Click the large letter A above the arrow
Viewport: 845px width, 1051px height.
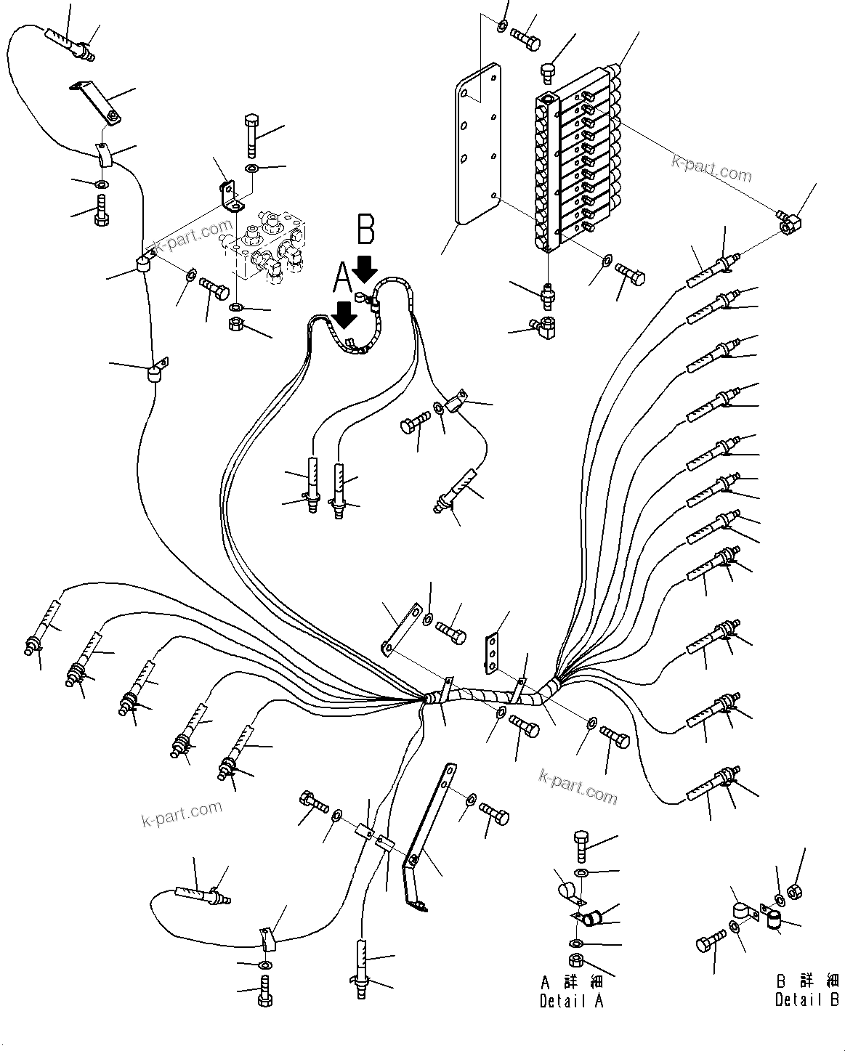(341, 275)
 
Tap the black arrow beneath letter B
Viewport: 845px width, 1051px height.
(365, 268)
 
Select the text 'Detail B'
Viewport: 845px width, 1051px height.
(806, 1000)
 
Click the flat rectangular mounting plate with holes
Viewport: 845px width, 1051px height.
(477, 145)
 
